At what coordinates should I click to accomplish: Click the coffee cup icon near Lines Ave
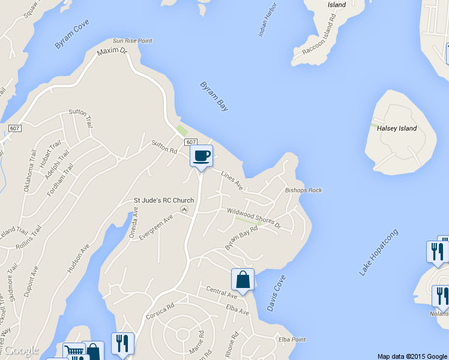pos(202,156)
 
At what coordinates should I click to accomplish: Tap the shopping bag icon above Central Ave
pos(243,280)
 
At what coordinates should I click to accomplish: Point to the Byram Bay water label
pos(214,96)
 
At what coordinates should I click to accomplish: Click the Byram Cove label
pos(71,37)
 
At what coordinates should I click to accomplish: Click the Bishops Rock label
pos(303,190)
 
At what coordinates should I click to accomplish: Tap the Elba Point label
pos(292,340)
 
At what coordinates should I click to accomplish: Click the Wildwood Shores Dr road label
pos(253,217)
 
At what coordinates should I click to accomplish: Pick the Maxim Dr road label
pos(113,53)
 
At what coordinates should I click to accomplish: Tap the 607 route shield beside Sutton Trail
pos(15,129)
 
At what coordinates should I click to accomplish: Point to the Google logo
pos(21,350)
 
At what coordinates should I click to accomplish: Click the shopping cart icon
pos(73,352)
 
